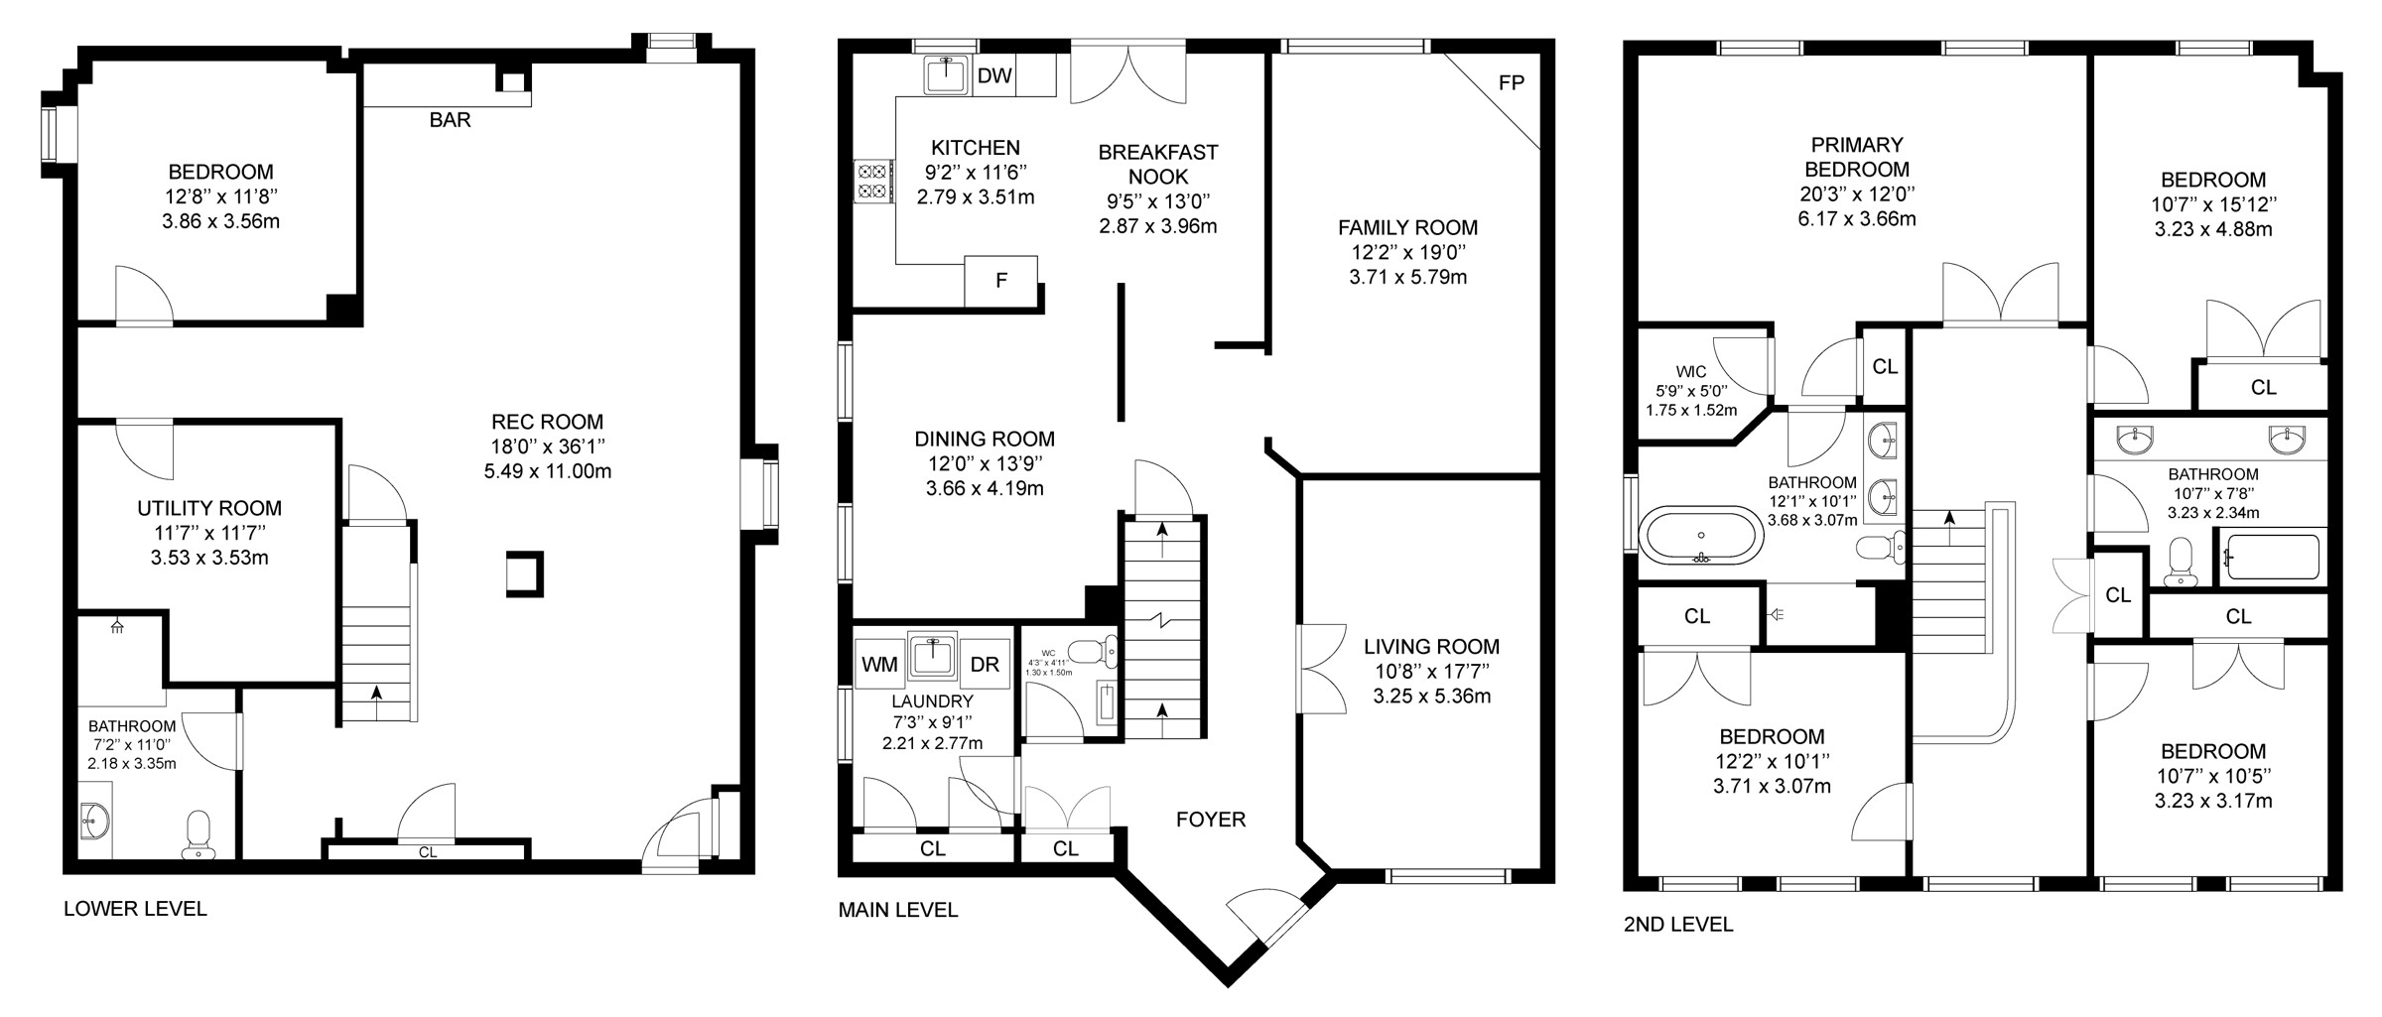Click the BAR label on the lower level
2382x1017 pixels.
coord(450,120)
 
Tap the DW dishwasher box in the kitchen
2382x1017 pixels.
coord(993,76)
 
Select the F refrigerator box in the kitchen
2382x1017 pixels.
coord(1001,281)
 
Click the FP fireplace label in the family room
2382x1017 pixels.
coord(1511,83)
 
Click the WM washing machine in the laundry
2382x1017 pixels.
coord(879,665)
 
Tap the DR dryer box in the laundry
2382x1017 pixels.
coord(985,665)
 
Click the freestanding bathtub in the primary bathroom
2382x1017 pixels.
coord(1702,536)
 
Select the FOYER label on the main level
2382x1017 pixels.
coord(1211,820)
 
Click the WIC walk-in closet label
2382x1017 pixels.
coord(1691,372)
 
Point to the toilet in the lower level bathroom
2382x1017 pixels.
coord(198,834)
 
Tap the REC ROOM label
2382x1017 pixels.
coord(547,422)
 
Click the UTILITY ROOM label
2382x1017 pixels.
coord(209,509)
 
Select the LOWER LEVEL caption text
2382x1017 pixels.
coord(135,909)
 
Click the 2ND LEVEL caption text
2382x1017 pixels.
coord(1678,925)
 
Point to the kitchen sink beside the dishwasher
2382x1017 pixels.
coord(947,75)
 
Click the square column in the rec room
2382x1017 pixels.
coord(524,573)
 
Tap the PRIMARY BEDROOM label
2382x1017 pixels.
coord(1857,157)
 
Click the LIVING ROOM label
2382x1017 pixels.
coord(1431,647)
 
